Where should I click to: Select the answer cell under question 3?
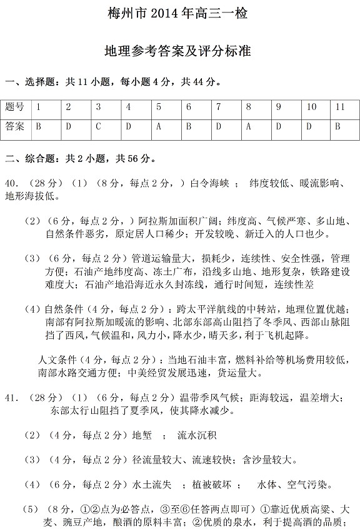click(99, 127)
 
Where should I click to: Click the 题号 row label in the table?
click(15, 107)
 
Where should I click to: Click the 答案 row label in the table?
click(15, 127)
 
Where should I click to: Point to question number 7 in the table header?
click(219, 107)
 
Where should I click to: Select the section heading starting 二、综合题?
click(81, 159)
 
